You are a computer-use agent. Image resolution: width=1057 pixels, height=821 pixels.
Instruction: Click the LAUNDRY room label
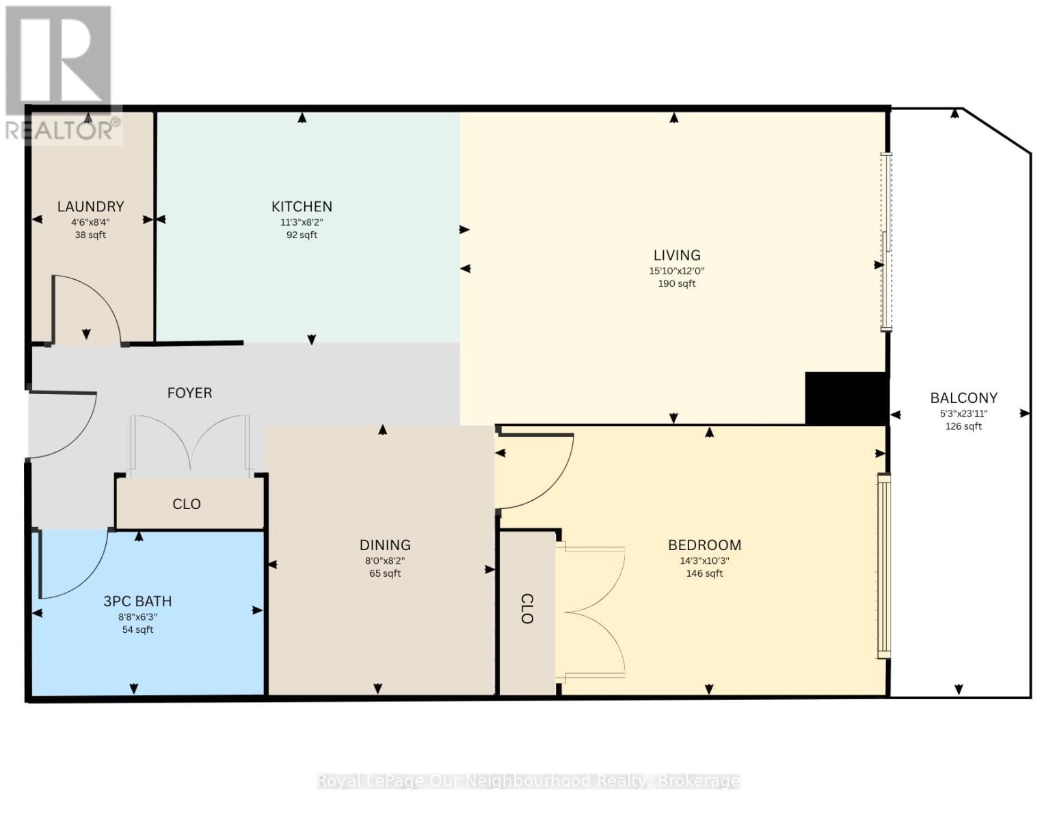coord(90,207)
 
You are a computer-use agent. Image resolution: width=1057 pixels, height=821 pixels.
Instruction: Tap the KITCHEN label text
coord(302,207)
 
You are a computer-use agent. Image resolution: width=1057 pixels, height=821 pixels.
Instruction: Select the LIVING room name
coord(677,255)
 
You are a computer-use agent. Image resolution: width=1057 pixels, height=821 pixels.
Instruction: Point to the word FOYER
coord(189,393)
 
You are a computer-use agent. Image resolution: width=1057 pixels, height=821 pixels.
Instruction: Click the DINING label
coord(385,545)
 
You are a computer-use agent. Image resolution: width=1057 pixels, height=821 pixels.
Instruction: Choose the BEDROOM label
coord(704,545)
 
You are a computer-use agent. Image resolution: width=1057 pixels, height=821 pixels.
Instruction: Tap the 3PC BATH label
coord(137,601)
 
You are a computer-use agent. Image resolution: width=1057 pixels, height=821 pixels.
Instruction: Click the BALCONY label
coord(963,398)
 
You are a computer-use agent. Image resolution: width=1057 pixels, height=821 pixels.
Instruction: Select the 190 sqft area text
coord(677,284)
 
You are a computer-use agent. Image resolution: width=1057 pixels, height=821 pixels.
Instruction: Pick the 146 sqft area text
coord(704,574)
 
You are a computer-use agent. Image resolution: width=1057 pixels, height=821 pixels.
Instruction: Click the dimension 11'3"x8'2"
coord(302,222)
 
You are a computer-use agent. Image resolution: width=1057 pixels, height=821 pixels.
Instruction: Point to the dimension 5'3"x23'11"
coord(963,414)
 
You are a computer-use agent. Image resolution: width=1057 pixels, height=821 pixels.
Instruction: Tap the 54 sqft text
coord(137,629)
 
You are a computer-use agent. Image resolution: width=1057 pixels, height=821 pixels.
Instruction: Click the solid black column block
coord(847,399)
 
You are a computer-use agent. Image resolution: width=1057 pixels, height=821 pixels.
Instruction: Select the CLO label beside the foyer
coord(186,504)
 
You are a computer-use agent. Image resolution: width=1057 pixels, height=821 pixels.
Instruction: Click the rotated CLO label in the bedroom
coord(526,609)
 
